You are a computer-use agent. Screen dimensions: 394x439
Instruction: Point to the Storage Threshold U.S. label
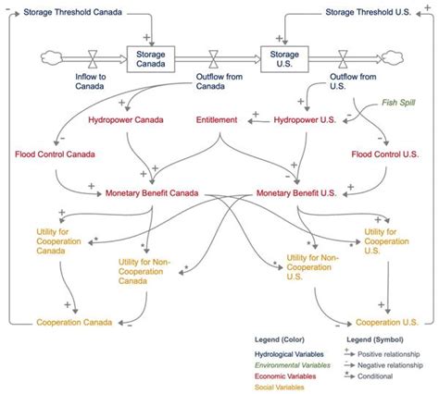point(371,12)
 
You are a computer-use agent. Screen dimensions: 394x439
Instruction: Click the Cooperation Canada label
point(74,322)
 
